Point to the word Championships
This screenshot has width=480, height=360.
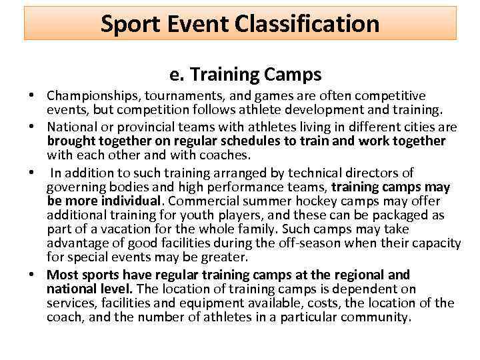click(94, 96)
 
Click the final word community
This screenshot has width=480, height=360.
click(375, 318)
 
